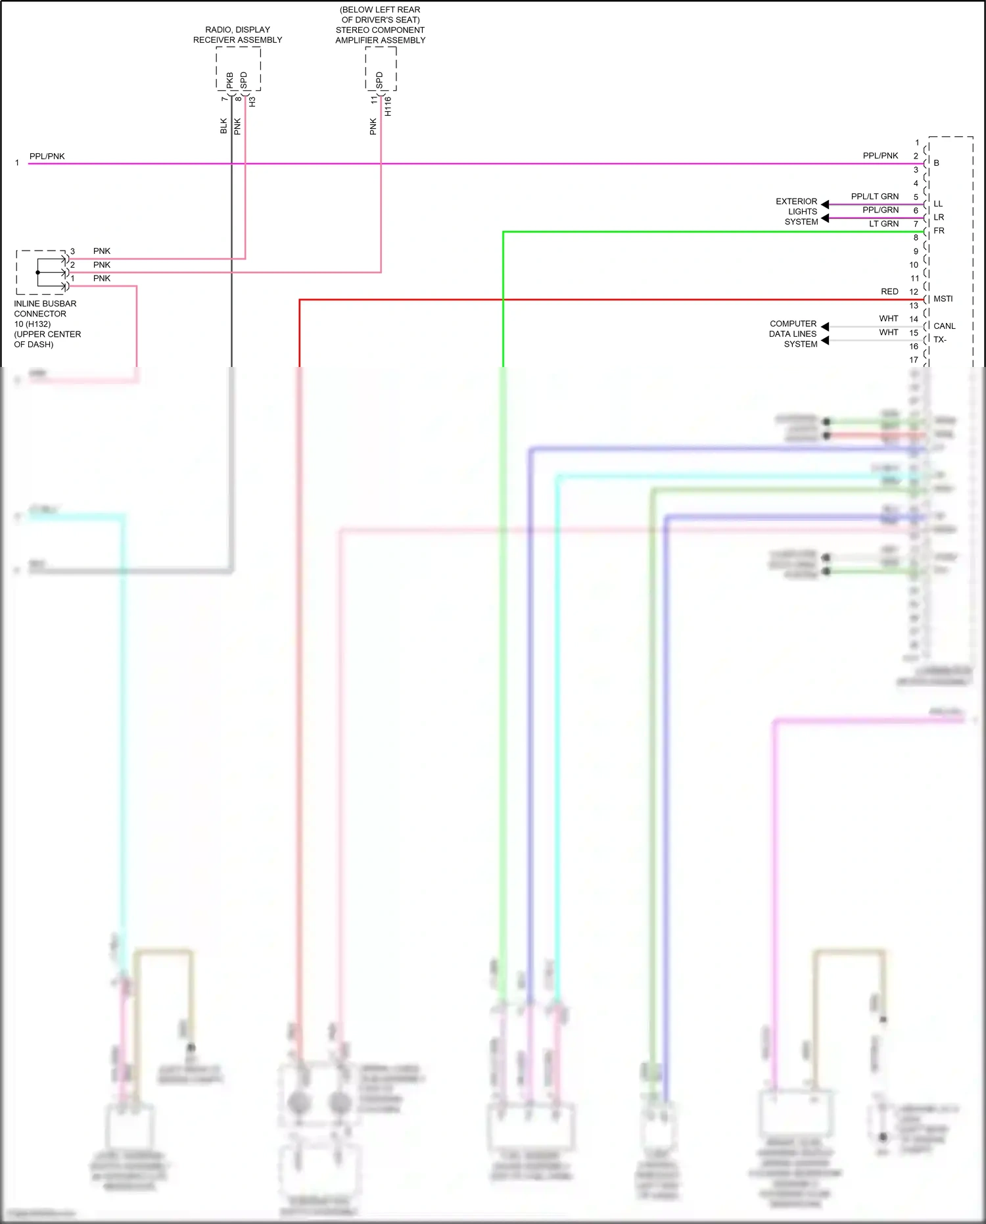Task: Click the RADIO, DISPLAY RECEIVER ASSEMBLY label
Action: tap(237, 35)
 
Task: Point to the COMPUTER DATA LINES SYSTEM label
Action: tap(793, 333)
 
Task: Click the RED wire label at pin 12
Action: tap(889, 291)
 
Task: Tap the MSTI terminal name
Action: tap(943, 299)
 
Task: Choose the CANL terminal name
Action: tap(944, 326)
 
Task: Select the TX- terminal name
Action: tap(940, 339)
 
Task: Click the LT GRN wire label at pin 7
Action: tap(883, 224)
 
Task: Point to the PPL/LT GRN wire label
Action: tap(874, 197)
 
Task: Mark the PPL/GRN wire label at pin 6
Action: tap(880, 210)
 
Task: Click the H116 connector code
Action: tap(388, 107)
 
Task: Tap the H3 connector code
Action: tap(252, 102)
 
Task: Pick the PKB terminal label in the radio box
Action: tap(230, 80)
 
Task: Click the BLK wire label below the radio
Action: tap(223, 126)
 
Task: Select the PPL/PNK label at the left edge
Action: tap(47, 157)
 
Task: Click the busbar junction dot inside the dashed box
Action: tap(37, 272)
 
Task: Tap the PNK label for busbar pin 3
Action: tap(102, 251)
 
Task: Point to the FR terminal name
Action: tap(939, 231)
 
